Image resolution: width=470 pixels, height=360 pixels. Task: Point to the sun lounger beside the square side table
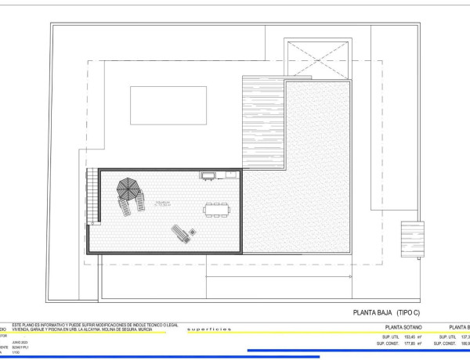(x=181, y=233)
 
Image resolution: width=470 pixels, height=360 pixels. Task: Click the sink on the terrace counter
(x=208, y=175)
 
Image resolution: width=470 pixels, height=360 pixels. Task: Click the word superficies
(x=210, y=329)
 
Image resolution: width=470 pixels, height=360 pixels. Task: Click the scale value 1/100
(x=16, y=356)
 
